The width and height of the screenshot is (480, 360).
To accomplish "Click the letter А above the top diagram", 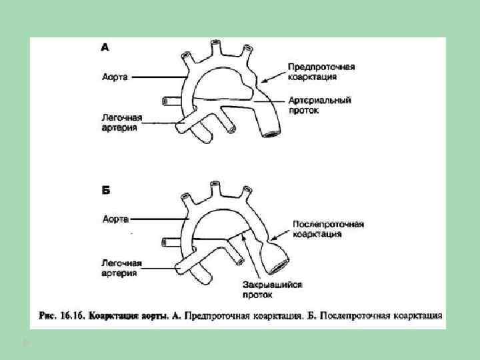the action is [105, 47].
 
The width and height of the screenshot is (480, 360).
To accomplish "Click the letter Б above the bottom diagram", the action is [105, 190].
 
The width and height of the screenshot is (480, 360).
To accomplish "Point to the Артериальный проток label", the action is [320, 105].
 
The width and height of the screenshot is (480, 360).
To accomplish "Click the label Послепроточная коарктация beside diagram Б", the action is [328, 229].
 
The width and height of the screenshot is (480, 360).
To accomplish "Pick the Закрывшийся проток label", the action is [272, 289].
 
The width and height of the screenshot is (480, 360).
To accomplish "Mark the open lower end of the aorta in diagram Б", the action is [277, 266].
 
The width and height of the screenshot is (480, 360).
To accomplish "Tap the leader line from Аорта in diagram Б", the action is [160, 218].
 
